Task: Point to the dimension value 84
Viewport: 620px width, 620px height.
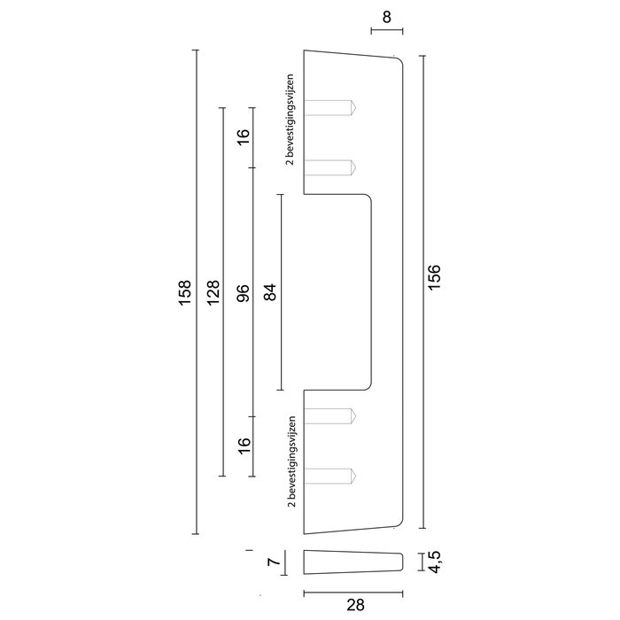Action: pos(271,291)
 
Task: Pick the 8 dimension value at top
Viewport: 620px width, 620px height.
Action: pos(386,15)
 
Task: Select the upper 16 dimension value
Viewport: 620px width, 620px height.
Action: pos(244,137)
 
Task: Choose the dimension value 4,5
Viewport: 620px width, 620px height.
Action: pos(435,562)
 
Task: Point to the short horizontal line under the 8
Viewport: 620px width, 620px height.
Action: pos(386,32)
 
